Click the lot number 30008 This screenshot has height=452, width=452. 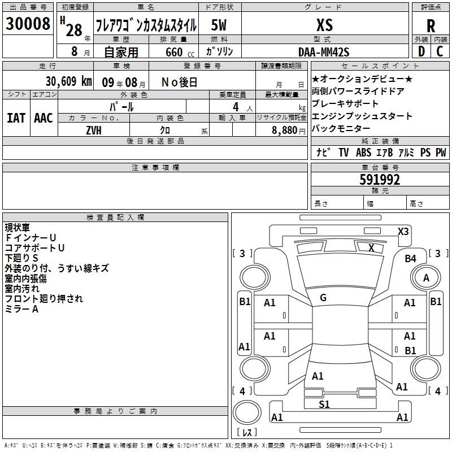point(28,24)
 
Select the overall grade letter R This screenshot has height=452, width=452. point(431,26)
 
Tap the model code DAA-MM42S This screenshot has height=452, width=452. point(324,52)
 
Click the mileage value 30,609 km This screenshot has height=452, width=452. point(68,81)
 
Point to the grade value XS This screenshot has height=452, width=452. point(324,25)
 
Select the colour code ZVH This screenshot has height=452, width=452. point(94,131)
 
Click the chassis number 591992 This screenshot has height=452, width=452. point(380,180)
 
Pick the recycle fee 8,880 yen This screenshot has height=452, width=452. point(288,131)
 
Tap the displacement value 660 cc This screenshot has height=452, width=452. point(180,53)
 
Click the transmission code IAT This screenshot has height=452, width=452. point(16,118)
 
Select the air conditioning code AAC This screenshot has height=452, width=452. point(44,118)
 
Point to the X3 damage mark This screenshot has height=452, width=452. point(403,232)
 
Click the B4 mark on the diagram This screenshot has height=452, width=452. point(411,259)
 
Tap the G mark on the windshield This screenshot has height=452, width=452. point(323,298)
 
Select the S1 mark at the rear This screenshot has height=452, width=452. point(324,404)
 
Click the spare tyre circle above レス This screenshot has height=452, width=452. point(247,413)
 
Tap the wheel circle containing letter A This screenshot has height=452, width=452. point(426,278)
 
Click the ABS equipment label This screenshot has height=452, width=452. point(363,153)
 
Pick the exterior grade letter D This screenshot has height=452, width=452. point(421,51)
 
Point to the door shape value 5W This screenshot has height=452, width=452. point(219,25)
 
